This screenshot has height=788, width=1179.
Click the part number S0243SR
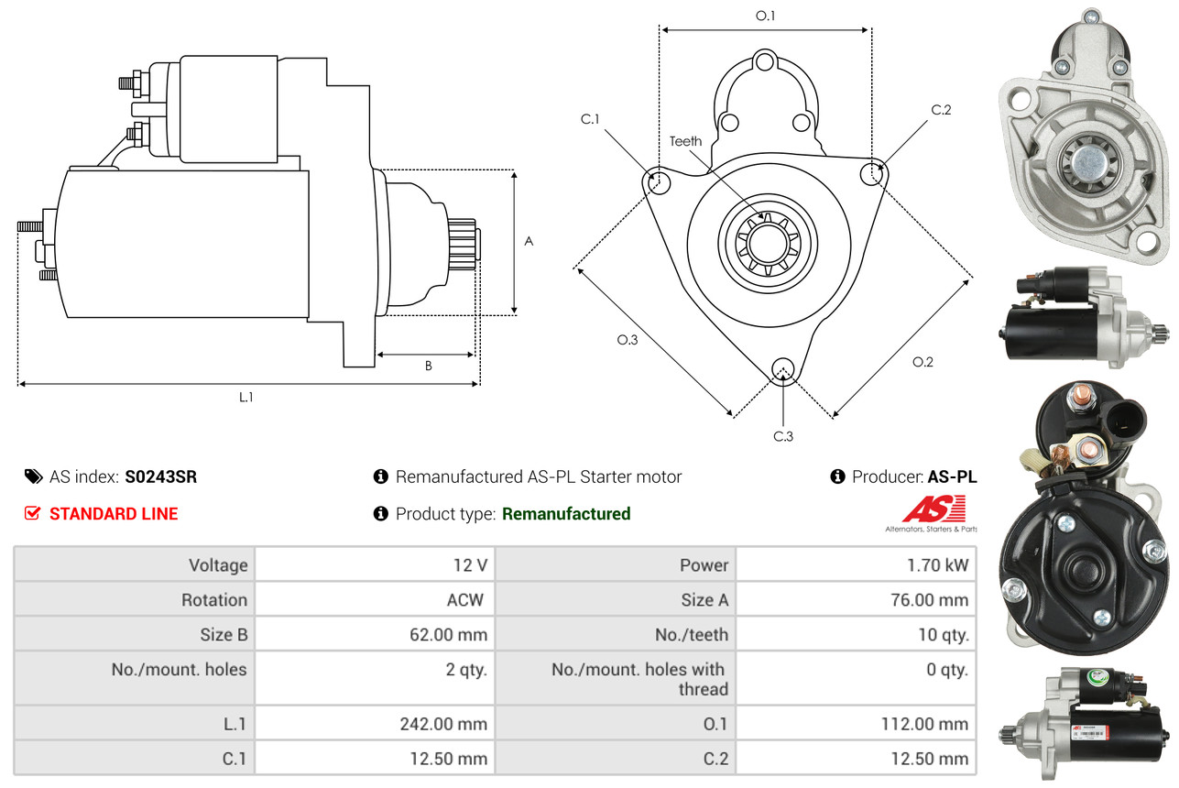[x=160, y=476]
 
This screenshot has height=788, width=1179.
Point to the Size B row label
[x=224, y=634]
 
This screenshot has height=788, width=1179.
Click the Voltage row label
[x=218, y=565]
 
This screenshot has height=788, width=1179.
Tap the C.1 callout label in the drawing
[x=589, y=119]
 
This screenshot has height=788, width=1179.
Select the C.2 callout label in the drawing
[x=941, y=110]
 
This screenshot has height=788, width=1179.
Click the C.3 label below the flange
[x=782, y=436]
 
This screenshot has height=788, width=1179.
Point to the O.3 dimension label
[x=627, y=339]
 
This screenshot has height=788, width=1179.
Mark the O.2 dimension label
[x=922, y=362]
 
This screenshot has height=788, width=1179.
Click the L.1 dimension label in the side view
[x=246, y=397]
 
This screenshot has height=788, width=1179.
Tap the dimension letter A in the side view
[x=529, y=242]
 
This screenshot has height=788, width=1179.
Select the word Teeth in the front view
[x=685, y=141]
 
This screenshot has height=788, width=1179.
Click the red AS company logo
[x=933, y=509]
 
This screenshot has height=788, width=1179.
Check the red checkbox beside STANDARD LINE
[x=32, y=514]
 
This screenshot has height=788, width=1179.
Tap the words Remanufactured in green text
[x=566, y=514]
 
